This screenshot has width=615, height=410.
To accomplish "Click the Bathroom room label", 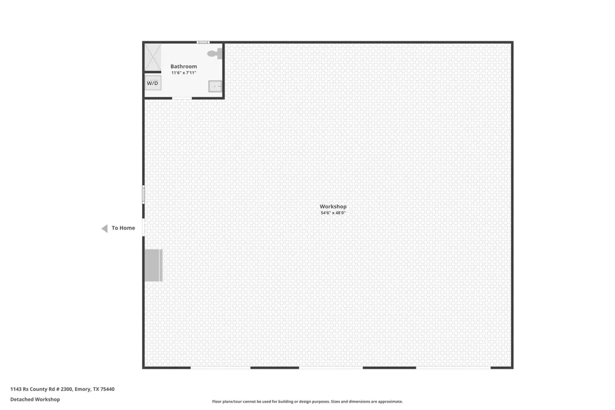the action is pos(183,66).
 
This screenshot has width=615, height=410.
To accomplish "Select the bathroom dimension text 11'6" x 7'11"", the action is pos(183,73).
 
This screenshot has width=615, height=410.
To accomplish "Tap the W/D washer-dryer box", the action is pos(153,83).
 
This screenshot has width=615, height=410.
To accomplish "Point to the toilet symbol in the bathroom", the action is pos(215,54).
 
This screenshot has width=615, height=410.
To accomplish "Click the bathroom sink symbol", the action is pos(215,86).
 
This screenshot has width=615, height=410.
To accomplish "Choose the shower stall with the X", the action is pos(153,57).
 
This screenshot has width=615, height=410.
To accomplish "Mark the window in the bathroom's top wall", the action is pos(203,42).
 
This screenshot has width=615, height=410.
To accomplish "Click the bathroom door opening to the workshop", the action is pos(181,98).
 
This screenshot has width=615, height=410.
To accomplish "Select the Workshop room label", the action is pos(333,206).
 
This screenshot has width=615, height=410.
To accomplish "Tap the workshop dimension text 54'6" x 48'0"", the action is pos(333,213).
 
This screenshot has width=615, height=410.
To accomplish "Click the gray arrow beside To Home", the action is pos(105,228).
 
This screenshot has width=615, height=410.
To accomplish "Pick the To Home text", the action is pos(123,228).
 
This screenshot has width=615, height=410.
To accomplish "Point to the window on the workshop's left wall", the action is pos(143,195).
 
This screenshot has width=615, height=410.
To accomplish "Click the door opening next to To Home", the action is pos(143,227).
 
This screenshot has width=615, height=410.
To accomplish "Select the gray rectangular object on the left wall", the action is pos(153,265).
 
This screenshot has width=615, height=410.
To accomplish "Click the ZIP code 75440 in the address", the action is pos(108,389).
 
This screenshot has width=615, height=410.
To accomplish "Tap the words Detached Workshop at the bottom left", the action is pos(35,400).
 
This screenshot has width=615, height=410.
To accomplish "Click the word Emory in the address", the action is pos(82,389).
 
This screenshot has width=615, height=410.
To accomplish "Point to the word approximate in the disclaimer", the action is pos(390,401).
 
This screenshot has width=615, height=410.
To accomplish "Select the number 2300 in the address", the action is pos(66,389).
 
